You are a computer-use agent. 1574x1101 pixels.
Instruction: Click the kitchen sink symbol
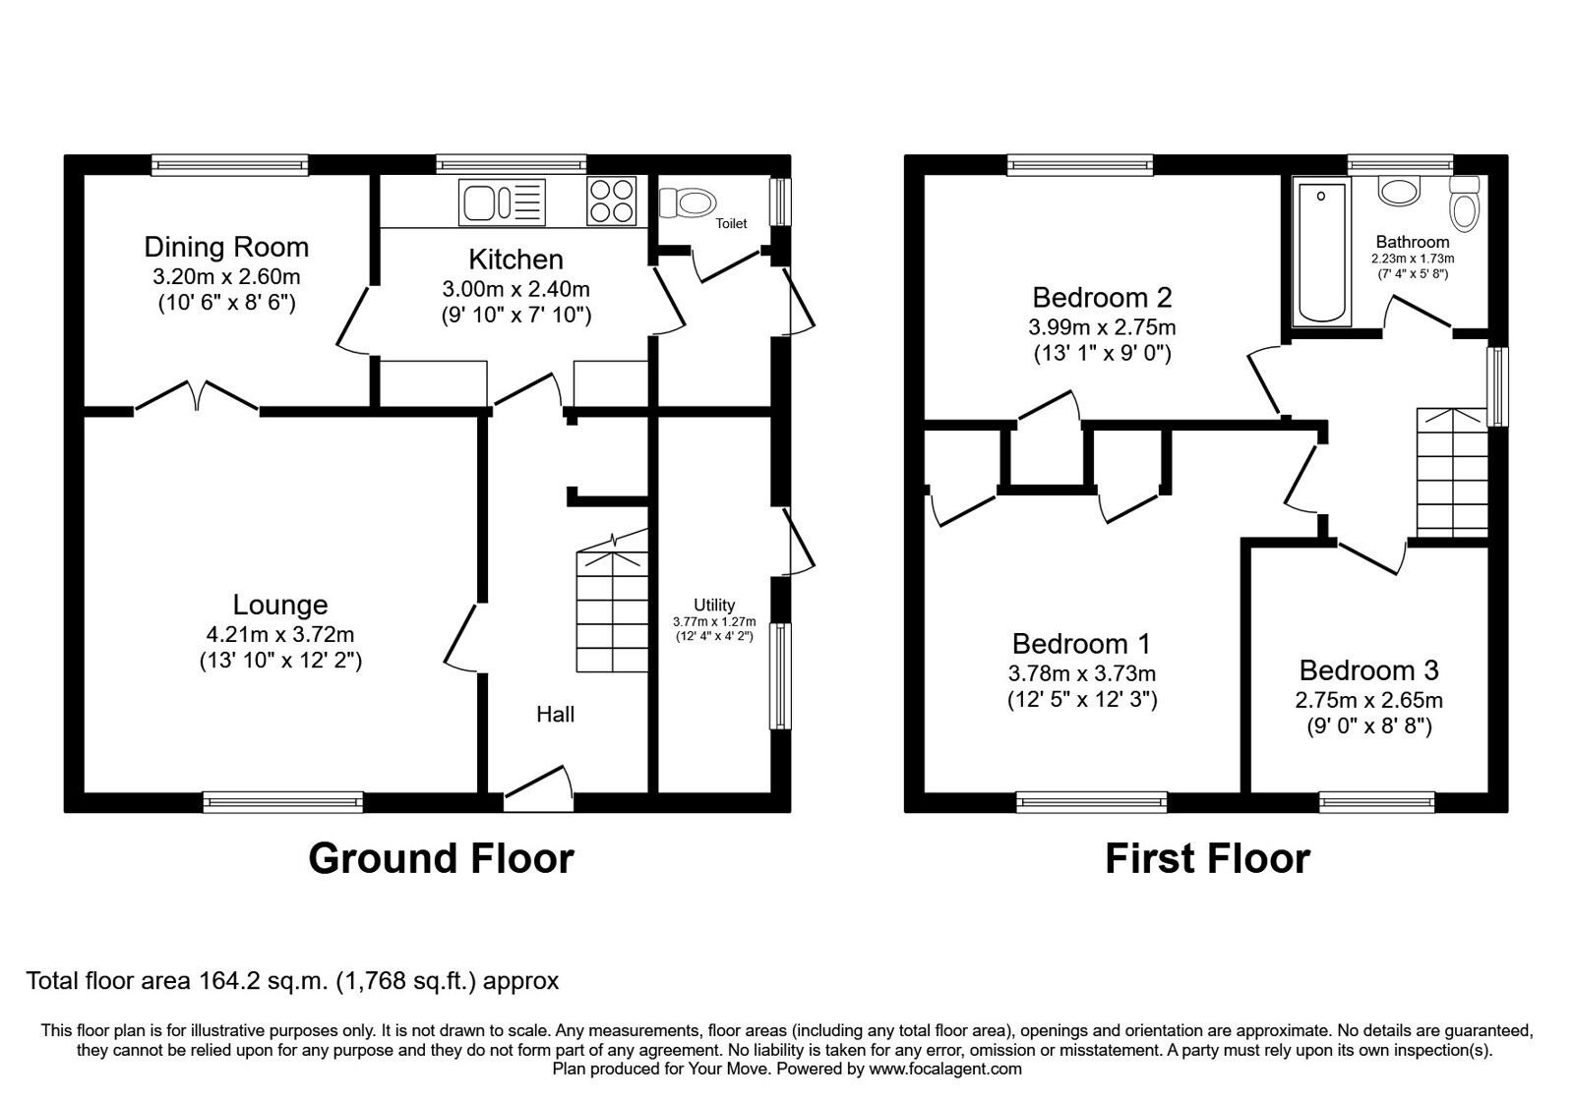point(502,203)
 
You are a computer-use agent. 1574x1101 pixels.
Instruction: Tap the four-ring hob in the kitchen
point(611,201)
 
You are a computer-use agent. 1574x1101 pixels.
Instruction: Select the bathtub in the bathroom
point(1321,253)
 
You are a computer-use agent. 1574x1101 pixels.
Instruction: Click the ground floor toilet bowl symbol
point(687,203)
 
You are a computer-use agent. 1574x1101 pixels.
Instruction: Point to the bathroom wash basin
point(1399,191)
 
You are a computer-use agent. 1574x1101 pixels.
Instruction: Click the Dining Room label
point(226,247)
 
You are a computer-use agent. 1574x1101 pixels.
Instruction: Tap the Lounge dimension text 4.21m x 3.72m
point(279,635)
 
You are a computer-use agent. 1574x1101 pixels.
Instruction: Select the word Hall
point(555,714)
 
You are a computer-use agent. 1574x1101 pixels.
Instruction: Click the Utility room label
point(714,605)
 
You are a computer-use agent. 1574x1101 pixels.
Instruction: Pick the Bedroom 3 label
point(1368,670)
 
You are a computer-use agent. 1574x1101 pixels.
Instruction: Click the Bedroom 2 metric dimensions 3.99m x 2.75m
point(1102,327)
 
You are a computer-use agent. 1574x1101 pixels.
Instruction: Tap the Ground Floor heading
point(442,858)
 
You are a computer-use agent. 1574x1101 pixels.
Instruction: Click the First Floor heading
point(1207,858)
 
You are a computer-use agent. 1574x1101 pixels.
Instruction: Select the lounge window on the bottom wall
point(283,802)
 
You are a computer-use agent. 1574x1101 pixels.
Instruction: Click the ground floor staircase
point(612,603)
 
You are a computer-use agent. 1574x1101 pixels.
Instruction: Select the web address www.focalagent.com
point(945,1069)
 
